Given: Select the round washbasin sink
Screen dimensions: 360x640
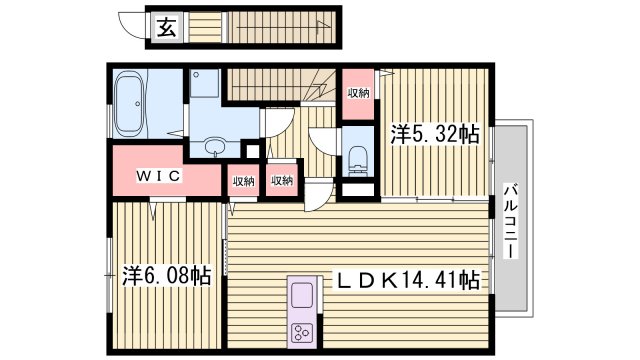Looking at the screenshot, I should (214, 148).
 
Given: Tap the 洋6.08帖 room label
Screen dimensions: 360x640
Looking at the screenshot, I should (166, 274).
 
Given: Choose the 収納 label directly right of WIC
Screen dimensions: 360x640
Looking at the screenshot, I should (243, 181).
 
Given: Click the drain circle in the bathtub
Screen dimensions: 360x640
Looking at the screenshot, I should (127, 127).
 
